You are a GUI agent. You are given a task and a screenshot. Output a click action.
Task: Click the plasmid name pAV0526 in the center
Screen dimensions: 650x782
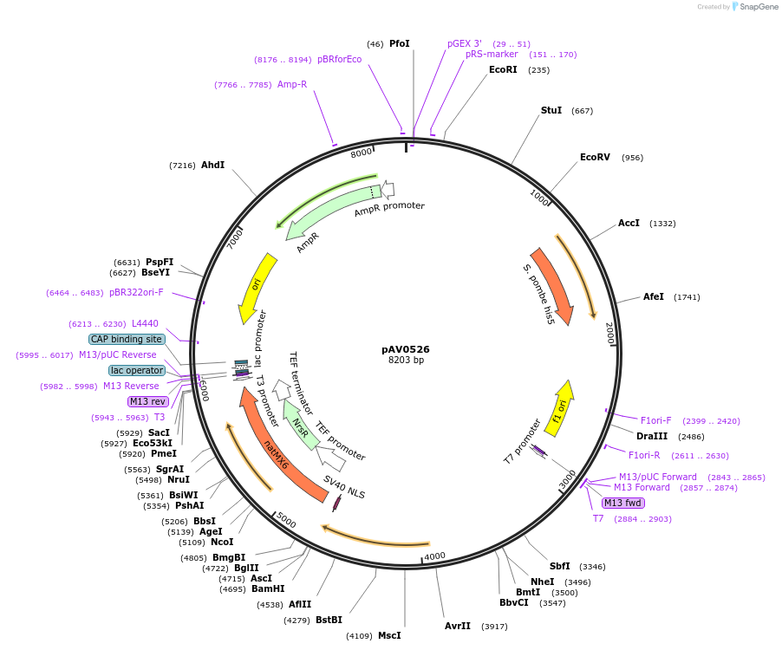point(405,349)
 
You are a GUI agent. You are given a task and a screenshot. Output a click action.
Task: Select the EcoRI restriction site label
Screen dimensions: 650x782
point(503,69)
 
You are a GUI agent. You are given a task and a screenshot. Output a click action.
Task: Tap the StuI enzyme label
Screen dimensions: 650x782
point(551,111)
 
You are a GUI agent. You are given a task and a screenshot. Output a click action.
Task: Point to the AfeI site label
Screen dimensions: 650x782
point(654,296)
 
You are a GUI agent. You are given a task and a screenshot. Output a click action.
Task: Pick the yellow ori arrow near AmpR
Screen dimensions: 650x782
point(257,287)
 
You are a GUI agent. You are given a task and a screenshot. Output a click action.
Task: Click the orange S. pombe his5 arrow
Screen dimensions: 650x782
point(552,287)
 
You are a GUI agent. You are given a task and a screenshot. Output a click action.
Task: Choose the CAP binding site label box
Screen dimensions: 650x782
point(126,339)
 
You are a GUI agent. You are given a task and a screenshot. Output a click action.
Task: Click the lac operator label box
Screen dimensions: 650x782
point(137,370)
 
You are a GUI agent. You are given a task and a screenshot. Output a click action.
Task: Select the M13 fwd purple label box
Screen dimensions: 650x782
point(622,503)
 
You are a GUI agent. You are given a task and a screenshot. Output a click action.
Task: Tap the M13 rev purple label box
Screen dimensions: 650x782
point(147,401)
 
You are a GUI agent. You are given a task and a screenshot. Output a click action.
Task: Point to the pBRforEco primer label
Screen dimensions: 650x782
point(339,59)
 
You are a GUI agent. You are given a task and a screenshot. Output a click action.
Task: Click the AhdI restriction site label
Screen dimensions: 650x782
point(212,165)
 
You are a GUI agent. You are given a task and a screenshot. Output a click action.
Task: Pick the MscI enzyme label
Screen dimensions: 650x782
point(389,635)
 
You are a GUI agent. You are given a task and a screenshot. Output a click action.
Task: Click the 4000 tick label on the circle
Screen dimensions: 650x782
point(434,556)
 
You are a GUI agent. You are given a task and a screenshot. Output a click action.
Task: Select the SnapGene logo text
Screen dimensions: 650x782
point(759,7)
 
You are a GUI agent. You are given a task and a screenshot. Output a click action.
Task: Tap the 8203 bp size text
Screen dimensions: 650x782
point(406,361)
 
